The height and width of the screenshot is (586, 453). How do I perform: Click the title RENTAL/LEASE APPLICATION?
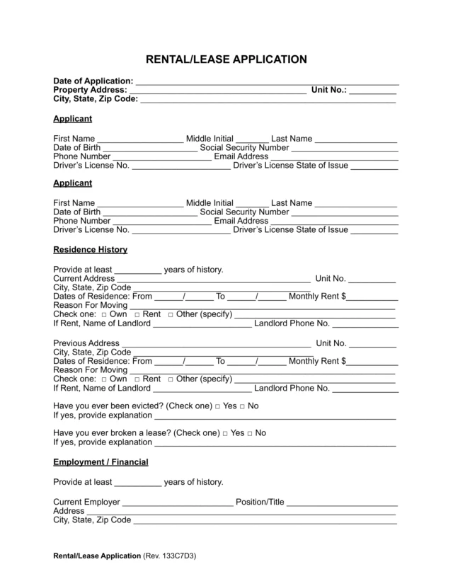tap(226, 59)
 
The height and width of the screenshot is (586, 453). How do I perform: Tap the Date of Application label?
tap(93, 81)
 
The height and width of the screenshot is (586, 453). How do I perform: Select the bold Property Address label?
tap(90, 91)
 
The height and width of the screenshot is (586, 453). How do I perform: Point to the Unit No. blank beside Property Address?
tap(373, 91)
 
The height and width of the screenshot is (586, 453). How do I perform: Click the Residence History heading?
tap(90, 250)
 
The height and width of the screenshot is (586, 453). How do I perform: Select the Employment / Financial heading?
tap(101, 462)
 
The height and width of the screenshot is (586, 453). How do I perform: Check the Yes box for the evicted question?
tap(217, 407)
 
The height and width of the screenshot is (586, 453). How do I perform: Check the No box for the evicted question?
tap(242, 407)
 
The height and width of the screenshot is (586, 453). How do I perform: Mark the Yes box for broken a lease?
tap(225, 433)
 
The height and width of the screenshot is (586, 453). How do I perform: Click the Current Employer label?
tap(87, 502)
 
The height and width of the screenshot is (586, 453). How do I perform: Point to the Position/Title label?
tap(260, 502)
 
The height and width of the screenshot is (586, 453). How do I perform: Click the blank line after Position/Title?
tap(342, 503)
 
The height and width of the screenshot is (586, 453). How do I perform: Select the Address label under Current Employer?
tap(69, 511)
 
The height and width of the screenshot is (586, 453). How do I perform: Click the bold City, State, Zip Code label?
tap(95, 100)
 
